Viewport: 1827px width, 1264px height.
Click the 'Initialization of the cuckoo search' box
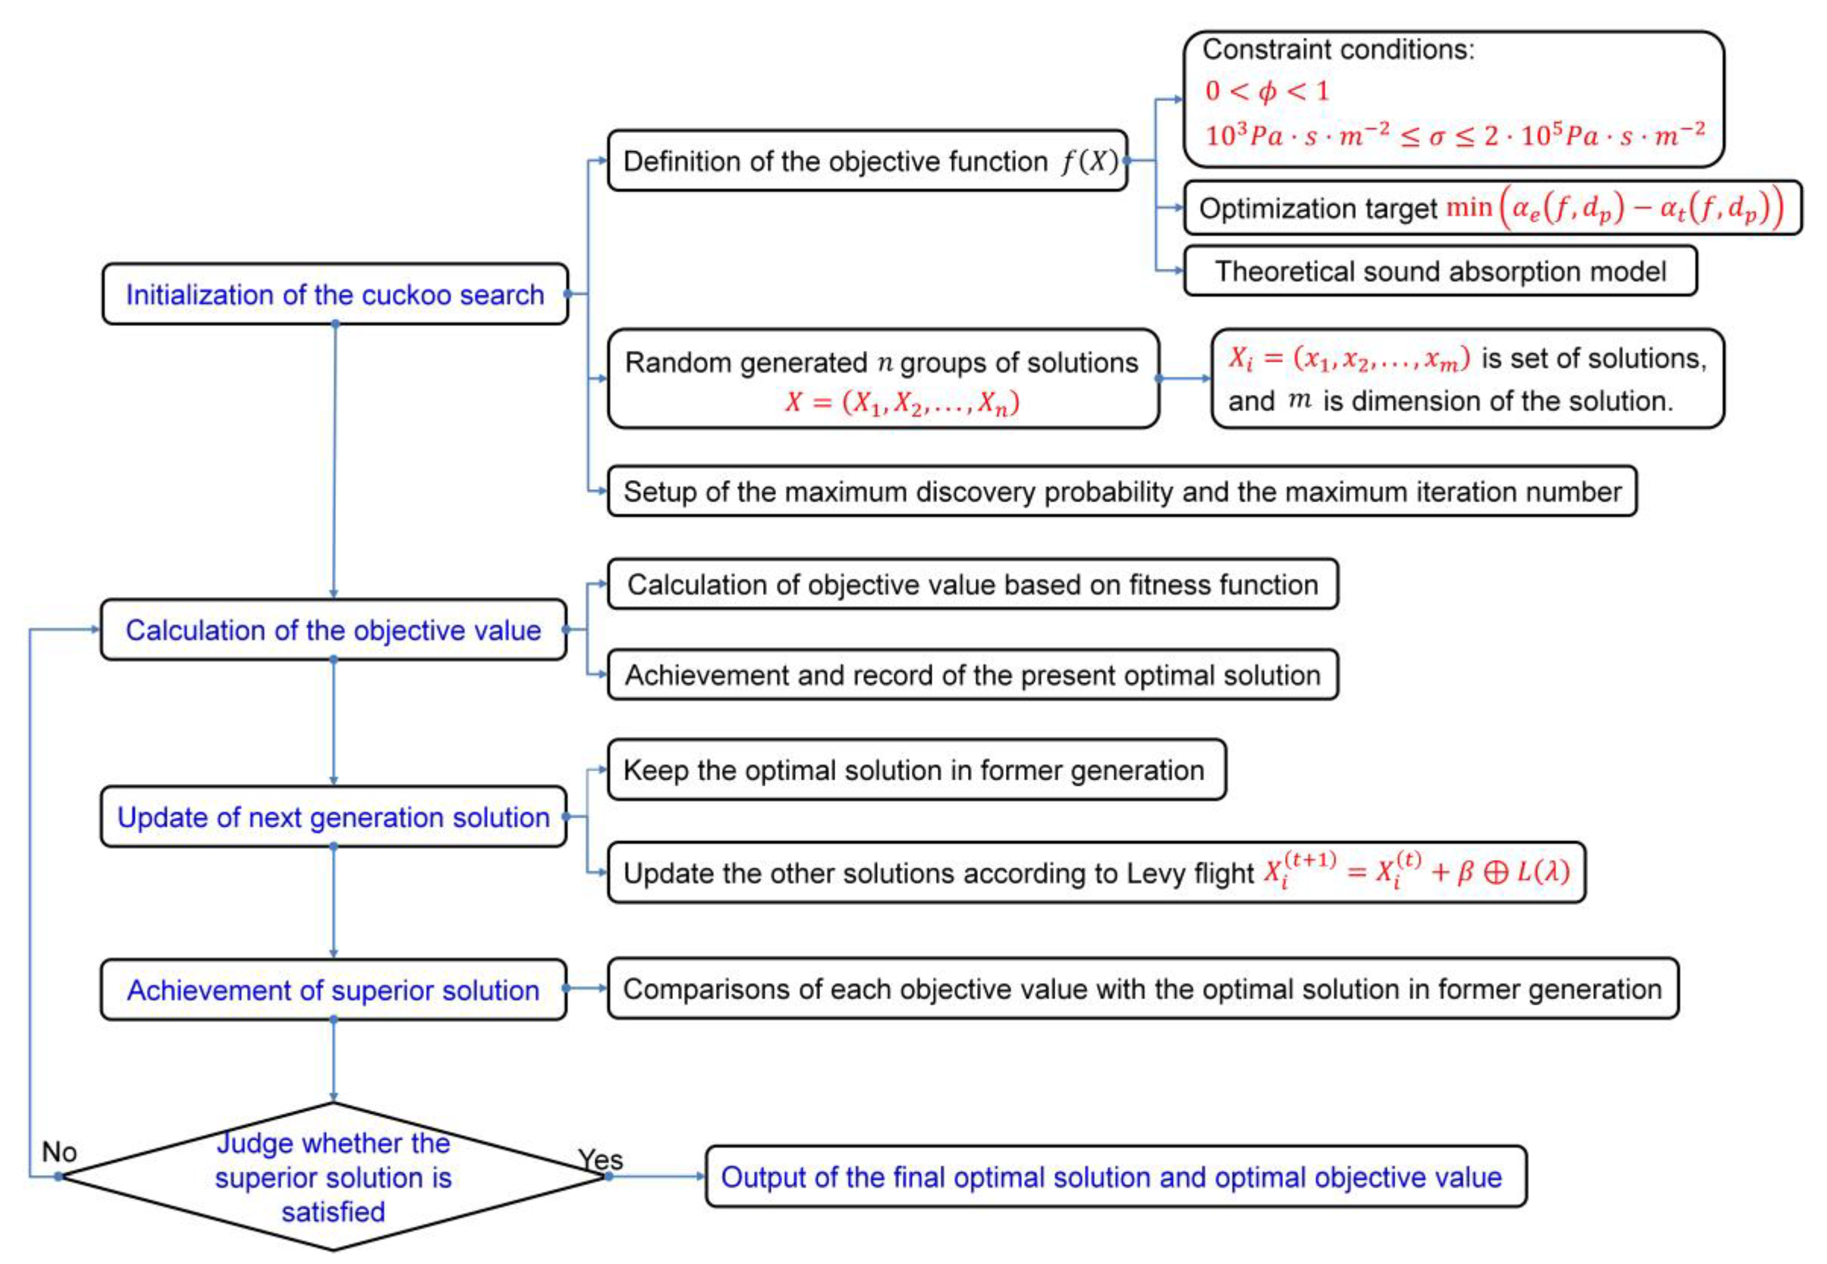335,294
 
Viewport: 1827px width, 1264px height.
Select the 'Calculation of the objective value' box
333,630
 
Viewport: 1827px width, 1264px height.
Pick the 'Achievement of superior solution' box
333,990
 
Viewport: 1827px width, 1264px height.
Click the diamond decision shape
333,1177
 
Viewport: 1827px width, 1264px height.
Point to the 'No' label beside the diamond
59,1152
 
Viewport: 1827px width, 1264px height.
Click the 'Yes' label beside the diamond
600,1159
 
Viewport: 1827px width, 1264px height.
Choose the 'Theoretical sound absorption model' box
1440,271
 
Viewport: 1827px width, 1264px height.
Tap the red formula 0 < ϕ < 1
1267,91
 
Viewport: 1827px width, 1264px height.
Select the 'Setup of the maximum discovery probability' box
1122,492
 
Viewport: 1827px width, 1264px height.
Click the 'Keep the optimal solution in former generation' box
916,770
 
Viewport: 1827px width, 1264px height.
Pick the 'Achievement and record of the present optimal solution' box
972,675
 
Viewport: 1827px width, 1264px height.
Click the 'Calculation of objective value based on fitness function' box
972,585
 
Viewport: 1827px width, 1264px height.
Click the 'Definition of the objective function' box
867,161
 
